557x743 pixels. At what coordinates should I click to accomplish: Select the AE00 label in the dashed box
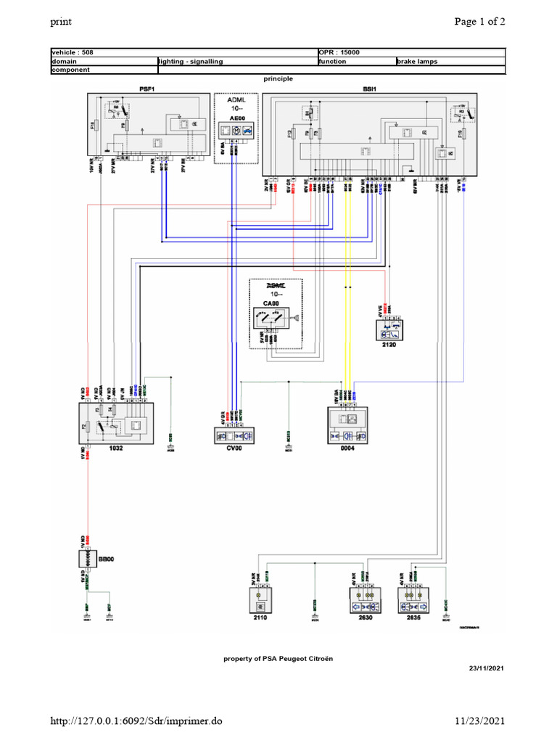236,116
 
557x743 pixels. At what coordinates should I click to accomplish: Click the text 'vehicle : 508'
73,53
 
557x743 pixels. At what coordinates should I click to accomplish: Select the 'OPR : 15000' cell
339,53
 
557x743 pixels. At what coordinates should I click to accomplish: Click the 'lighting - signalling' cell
191,62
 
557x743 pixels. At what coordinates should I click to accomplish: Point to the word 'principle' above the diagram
278,78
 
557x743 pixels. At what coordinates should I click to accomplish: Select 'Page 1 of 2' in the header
479,21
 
